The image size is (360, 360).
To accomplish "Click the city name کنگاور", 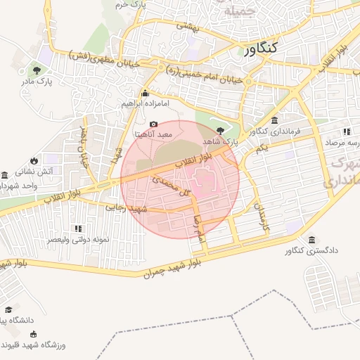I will [262, 49].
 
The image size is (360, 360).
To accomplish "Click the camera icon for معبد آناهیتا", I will [154, 124].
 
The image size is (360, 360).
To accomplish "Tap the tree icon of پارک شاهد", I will [221, 130].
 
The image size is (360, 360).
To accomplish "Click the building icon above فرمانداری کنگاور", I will [274, 120].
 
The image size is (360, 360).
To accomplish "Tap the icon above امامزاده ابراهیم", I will [145, 93].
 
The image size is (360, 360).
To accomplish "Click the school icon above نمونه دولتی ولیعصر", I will [78, 229].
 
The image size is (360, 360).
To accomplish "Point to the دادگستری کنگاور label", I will [313, 250].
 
